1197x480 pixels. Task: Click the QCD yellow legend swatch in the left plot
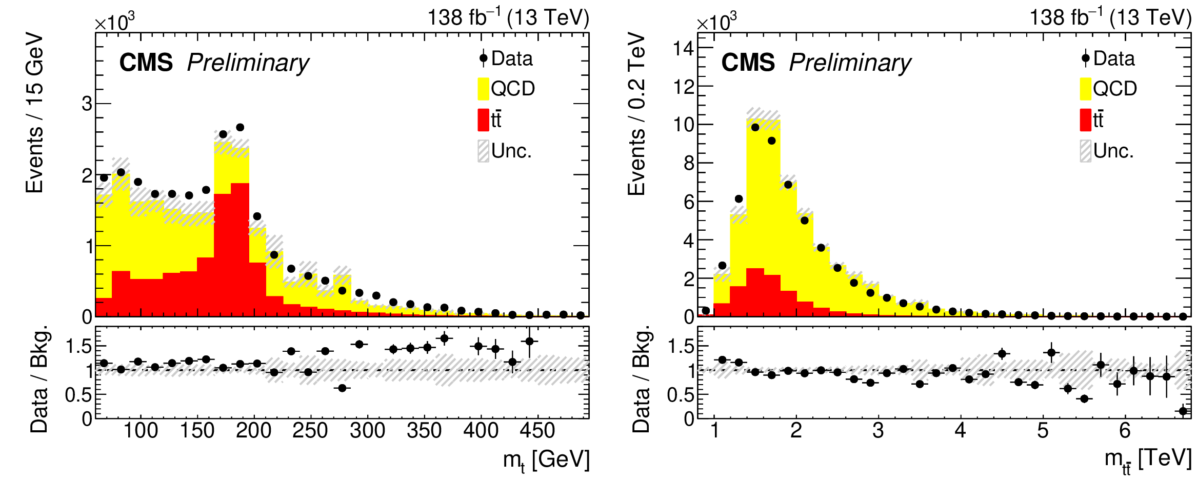(483, 89)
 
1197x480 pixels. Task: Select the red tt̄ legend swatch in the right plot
(1085, 120)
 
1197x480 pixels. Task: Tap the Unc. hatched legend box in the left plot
(483, 151)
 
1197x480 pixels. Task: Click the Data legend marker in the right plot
(1085, 58)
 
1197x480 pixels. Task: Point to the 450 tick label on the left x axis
(537, 431)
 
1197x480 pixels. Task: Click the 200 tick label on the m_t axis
(253, 431)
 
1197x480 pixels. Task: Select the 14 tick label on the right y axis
(683, 49)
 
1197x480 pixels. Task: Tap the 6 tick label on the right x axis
(1125, 431)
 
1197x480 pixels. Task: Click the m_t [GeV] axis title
(546, 460)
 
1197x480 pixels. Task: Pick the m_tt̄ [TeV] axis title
(1148, 460)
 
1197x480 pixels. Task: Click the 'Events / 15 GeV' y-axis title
(35, 113)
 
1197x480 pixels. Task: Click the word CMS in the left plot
(146, 63)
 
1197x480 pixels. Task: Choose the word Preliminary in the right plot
(850, 63)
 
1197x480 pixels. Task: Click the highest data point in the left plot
(240, 127)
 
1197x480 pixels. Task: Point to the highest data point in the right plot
(755, 127)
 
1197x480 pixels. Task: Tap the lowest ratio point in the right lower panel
(1183, 411)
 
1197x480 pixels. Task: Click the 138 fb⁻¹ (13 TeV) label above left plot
(508, 17)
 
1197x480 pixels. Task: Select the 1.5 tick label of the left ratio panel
(78, 347)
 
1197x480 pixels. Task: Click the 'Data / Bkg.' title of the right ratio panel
(641, 379)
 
